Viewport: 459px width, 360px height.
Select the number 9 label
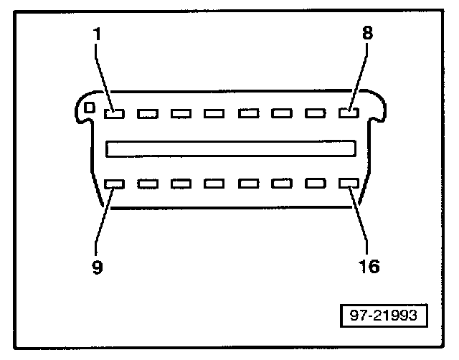click(x=98, y=267)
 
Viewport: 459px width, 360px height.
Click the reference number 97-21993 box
click(x=382, y=315)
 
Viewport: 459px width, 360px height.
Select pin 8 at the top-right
click(x=349, y=112)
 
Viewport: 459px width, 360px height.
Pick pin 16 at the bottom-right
click(x=349, y=184)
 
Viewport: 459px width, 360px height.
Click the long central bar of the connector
click(x=231, y=148)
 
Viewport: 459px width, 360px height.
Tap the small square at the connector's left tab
click(x=90, y=108)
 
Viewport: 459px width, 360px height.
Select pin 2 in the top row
click(x=147, y=113)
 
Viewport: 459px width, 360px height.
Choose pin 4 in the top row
click(x=214, y=113)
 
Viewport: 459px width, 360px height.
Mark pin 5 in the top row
click(x=247, y=113)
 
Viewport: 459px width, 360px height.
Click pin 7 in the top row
click(x=315, y=113)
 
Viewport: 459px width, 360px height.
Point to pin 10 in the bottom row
click(x=147, y=184)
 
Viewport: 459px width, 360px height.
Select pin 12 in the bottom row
click(x=214, y=184)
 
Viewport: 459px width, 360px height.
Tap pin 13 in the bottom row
click(x=247, y=184)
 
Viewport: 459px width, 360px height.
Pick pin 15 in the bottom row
click(x=315, y=184)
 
